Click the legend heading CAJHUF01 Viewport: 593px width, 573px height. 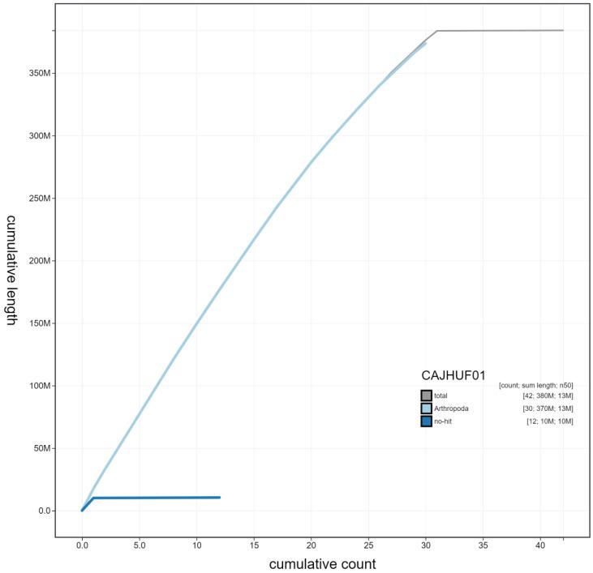pyautogui.click(x=453, y=376)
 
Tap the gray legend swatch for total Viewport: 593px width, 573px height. pyautogui.click(x=426, y=396)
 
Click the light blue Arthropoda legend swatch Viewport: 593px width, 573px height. pyautogui.click(x=426, y=408)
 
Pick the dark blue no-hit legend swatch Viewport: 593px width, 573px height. pyautogui.click(x=426, y=421)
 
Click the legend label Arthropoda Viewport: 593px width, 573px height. pyautogui.click(x=452, y=408)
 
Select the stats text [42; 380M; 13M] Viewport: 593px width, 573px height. pyautogui.click(x=549, y=396)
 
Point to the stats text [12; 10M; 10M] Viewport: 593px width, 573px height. pyautogui.click(x=550, y=421)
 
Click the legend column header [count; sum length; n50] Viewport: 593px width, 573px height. pyautogui.click(x=536, y=384)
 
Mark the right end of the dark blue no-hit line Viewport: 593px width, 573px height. pyautogui.click(x=220, y=497)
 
